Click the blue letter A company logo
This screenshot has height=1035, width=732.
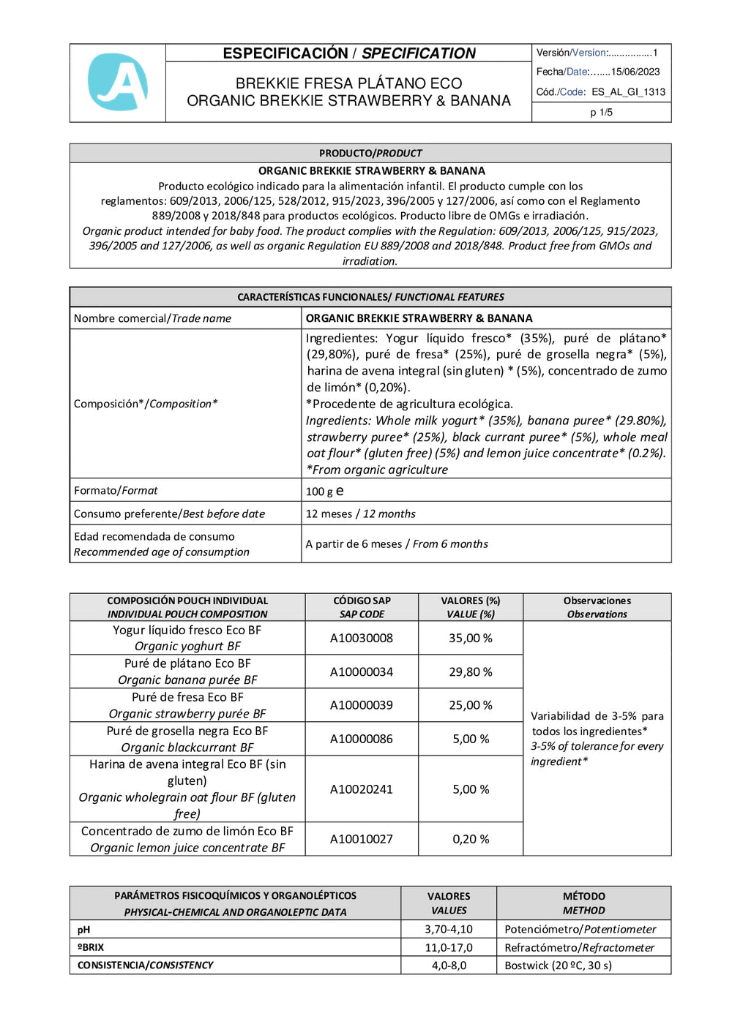tap(118, 82)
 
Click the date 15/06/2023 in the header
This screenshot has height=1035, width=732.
tap(635, 72)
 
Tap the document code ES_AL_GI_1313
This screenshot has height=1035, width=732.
tap(628, 92)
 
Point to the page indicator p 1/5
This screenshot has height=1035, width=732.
tap(601, 113)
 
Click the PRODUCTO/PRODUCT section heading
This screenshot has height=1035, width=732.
tap(370, 153)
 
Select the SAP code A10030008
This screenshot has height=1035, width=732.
tap(361, 638)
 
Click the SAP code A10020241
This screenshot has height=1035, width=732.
tap(361, 789)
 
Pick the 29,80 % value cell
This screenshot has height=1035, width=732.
tap(470, 671)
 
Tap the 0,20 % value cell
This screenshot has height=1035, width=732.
tap(470, 839)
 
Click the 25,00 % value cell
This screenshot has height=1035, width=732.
tap(470, 705)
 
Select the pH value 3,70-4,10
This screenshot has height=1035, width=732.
tap(449, 929)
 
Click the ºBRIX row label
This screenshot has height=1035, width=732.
tap(91, 947)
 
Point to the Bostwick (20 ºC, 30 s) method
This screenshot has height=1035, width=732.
tap(558, 966)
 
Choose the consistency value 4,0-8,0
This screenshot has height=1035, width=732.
tap(449, 966)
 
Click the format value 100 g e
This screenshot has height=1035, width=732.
tap(324, 491)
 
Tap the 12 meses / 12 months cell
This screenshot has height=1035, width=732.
tap(360, 513)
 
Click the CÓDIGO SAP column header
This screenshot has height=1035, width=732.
tap(362, 607)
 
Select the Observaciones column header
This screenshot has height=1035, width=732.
tap(597, 607)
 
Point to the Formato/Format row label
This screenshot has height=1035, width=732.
tap(116, 490)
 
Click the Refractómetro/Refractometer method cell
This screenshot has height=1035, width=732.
tap(579, 947)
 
